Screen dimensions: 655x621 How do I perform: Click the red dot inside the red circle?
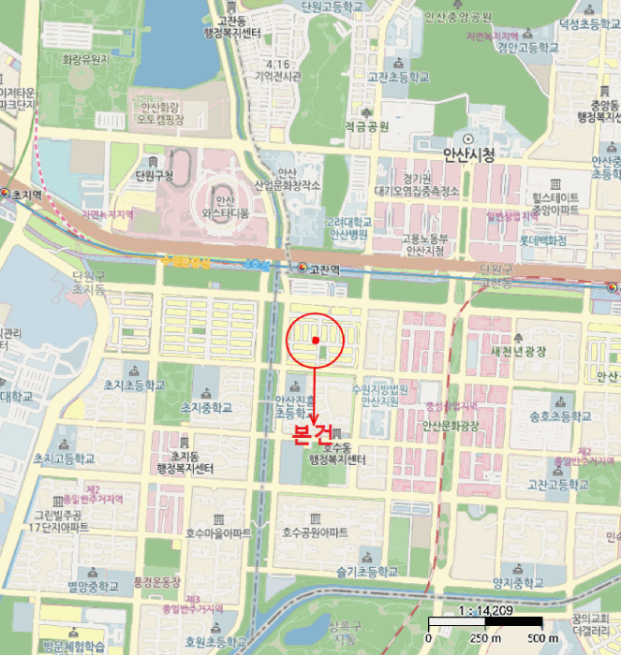(x=316, y=339)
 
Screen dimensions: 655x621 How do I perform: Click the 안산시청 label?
(x=468, y=155)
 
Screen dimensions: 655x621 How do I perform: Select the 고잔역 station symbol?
(x=302, y=268)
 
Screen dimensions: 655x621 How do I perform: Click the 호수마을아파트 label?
(x=218, y=532)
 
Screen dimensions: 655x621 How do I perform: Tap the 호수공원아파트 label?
(x=316, y=532)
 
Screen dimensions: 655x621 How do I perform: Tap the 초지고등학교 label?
(x=64, y=458)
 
